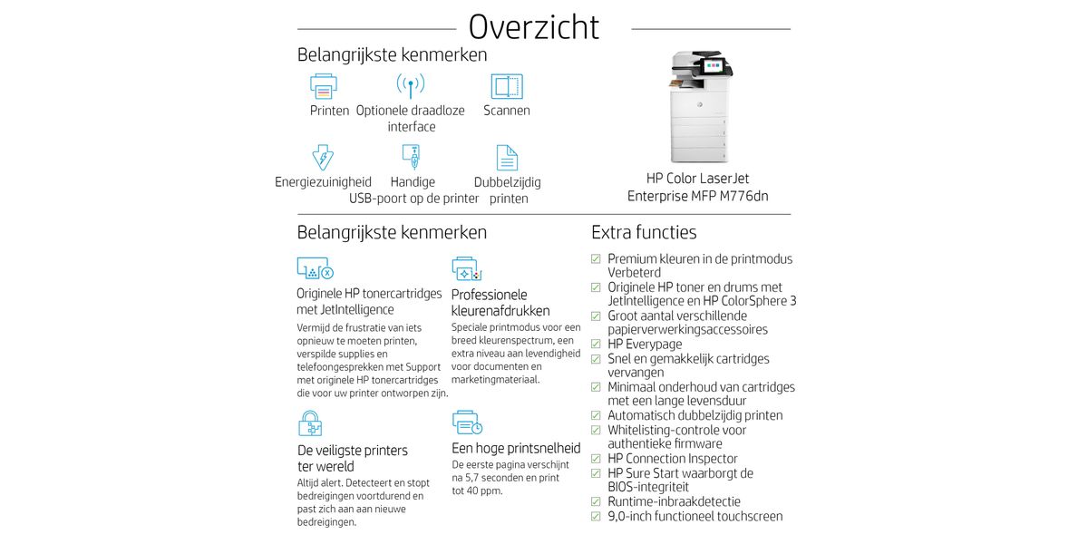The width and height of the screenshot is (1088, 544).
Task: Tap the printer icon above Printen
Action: [324, 86]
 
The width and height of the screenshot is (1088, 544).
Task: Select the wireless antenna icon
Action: [411, 86]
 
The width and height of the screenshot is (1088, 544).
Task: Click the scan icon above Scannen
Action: [507, 86]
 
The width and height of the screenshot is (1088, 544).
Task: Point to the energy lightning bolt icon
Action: [323, 157]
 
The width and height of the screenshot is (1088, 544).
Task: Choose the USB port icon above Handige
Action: [411, 158]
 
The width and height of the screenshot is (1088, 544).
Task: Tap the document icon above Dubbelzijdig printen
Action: [507, 158]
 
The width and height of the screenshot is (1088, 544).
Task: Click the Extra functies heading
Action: [644, 232]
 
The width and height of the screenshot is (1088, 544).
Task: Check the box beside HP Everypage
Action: [596, 345]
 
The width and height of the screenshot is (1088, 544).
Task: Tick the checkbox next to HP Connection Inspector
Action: [596, 459]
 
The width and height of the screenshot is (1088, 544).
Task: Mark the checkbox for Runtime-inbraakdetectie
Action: [596, 501]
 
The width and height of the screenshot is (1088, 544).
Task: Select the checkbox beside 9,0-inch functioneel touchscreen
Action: [596, 516]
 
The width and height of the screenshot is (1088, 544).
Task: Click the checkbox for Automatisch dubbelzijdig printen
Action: [596, 415]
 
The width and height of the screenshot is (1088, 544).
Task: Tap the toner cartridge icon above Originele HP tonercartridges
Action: [315, 269]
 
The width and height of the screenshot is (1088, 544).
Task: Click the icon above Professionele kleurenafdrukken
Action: [466, 269]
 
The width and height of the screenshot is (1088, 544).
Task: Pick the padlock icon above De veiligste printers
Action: [310, 423]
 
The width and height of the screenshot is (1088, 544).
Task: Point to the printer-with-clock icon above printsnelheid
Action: [466, 423]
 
